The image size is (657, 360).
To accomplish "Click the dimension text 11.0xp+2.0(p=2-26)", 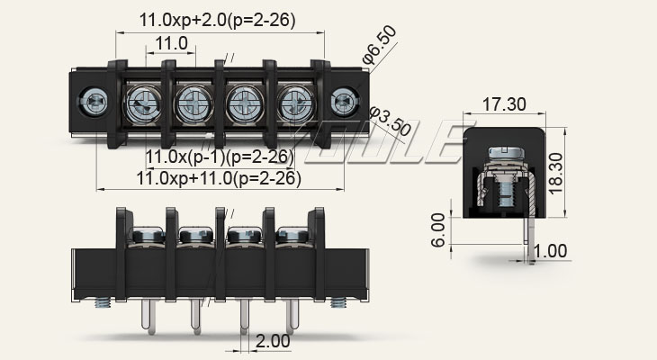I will pos(217,20).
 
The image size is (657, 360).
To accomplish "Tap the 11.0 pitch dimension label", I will pos(171,43).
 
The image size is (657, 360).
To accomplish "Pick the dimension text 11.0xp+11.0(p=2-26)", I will pos(218,178).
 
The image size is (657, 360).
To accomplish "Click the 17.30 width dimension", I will pos(504,104).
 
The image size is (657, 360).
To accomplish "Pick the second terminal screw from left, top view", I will pos(192,103).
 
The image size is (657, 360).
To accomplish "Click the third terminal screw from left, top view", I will pos(242,103).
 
